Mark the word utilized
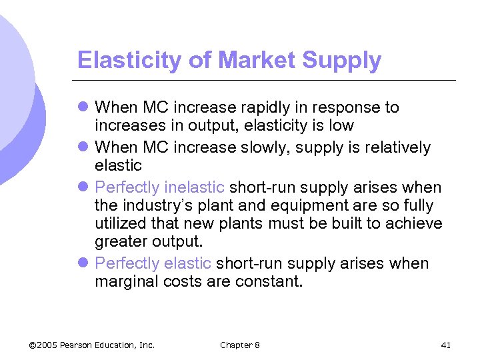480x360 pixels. coord(119,223)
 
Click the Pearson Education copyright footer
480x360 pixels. coord(93,345)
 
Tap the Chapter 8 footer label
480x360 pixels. coord(240,345)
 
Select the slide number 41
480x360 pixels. coord(446,345)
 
